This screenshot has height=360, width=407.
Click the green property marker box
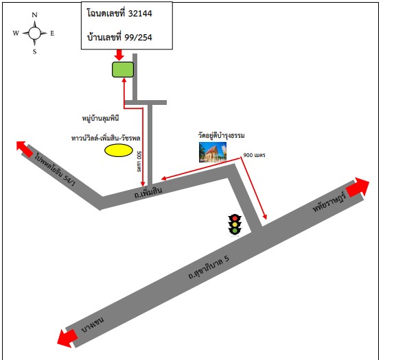pos(123,69)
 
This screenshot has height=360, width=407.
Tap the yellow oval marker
pos(119,150)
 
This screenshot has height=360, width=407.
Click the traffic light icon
pos(235,225)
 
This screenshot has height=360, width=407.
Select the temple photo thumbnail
pos(213,152)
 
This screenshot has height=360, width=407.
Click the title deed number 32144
pos(140,14)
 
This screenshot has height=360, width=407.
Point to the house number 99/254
pos(138,38)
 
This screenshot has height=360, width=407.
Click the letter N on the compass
pos(34,15)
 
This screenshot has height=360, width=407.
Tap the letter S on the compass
pos(34,52)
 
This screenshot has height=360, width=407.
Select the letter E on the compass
pos(52,33)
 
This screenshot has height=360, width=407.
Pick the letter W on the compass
pos(16,33)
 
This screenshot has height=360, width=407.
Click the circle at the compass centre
pos(34,33)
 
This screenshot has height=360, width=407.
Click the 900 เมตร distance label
pos(254,155)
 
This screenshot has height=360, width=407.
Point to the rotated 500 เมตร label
pos(139,161)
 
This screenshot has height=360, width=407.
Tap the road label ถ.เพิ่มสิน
pos(148,192)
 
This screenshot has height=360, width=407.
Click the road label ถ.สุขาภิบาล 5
pos(209,267)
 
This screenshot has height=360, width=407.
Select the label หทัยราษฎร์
pos(329,202)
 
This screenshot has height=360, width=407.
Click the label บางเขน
pos(93,325)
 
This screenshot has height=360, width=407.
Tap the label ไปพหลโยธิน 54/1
pos(55,169)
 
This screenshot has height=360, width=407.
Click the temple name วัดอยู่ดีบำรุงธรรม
pos(221,135)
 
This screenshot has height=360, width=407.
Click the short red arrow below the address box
pos(119,55)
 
